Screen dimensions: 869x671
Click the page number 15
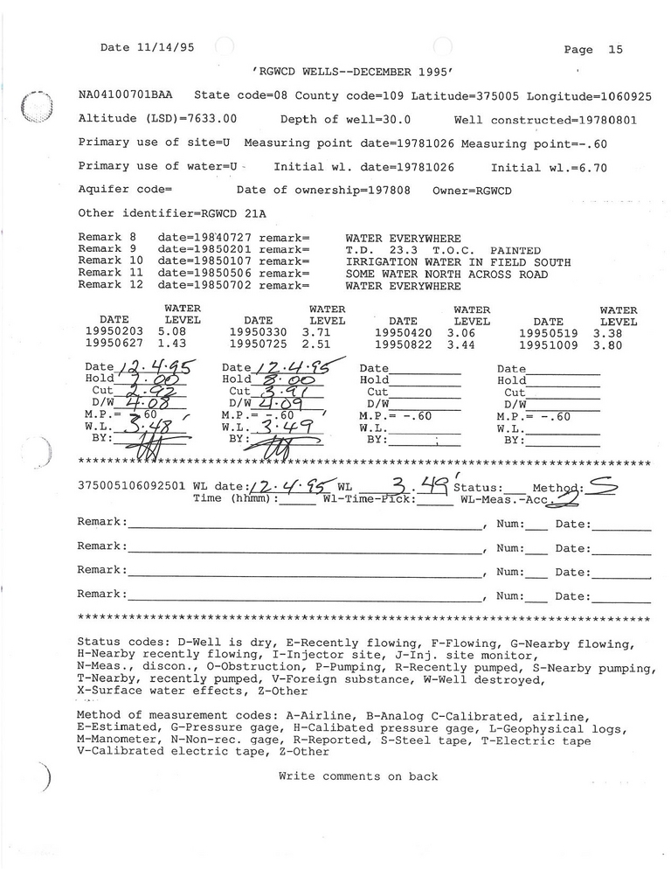615,50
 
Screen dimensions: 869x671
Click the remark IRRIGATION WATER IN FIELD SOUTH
458,262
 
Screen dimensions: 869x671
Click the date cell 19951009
549,344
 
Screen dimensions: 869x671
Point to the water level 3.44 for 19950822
461,344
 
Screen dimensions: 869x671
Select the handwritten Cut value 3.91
280,392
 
